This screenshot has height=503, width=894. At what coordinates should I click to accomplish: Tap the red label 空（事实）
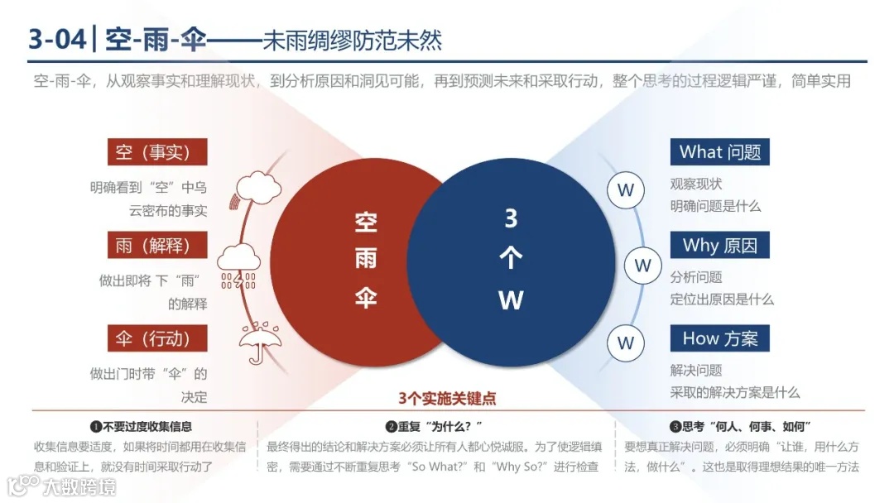[x=156, y=152]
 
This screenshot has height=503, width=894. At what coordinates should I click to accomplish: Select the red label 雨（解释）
[x=156, y=246]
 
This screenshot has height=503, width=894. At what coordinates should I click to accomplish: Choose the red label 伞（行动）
[x=156, y=338]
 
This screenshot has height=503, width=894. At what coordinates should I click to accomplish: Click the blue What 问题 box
[x=719, y=152]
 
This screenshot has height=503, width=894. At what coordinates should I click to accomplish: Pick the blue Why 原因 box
[x=719, y=246]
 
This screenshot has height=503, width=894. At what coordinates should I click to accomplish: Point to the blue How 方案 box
[x=719, y=338]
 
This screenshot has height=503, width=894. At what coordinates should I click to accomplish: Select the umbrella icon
[x=259, y=341]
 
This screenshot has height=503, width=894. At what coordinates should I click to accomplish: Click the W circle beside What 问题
[x=626, y=191]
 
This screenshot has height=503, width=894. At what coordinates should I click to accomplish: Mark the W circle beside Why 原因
[x=642, y=266]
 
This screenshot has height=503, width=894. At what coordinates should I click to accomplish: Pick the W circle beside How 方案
[x=626, y=343]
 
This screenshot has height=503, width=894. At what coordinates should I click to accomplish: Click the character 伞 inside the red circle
[x=366, y=299]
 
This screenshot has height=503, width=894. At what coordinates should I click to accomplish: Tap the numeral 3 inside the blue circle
[x=511, y=218]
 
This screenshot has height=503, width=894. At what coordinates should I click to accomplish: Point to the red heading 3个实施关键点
[x=447, y=399]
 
